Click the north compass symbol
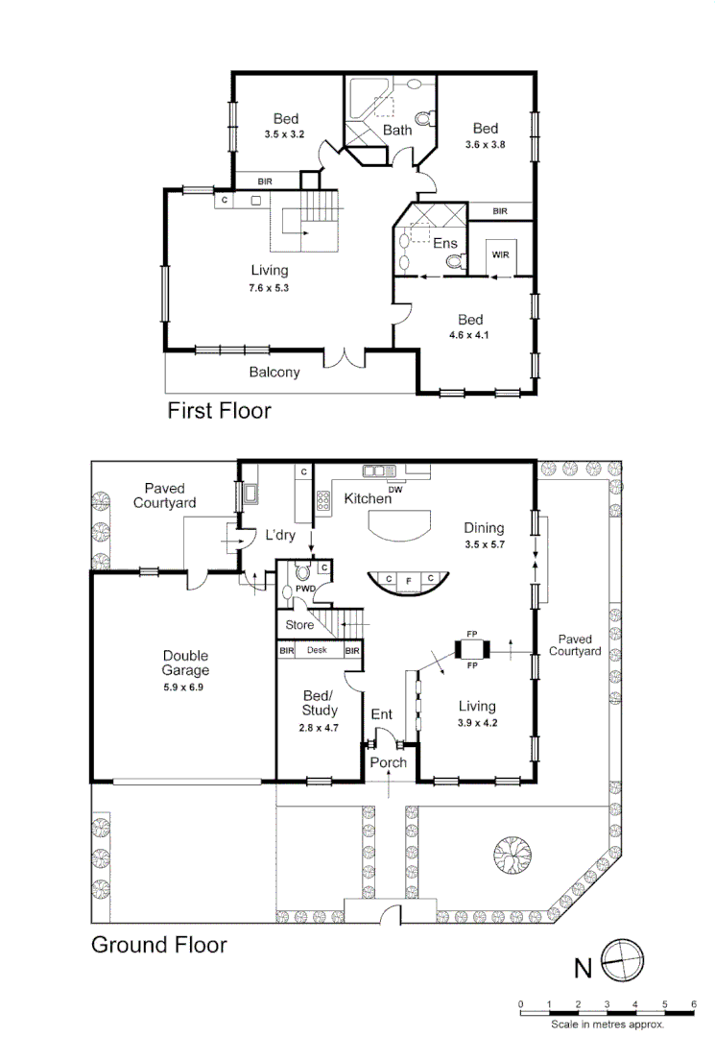pos(624,960)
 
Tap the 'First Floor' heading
pos(219,411)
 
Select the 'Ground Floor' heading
pos(158,944)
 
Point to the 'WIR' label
pos(500,254)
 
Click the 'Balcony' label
pos(274,373)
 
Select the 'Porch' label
pos(389,762)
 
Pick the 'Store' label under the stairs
pos(299,625)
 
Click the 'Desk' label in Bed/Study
pos(318,650)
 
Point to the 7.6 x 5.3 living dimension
pos(269,287)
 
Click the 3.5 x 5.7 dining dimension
pos(484,543)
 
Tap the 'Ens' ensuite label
pos(445,244)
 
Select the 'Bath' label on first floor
pos(397,130)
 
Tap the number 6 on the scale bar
pos(693,1004)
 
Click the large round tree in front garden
pos(512,852)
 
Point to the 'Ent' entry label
pos(382,714)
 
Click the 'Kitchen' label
pos(368,499)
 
